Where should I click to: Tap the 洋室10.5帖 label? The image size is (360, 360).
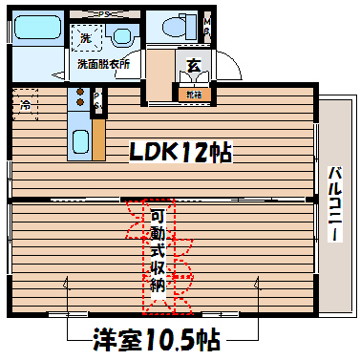click(158, 339)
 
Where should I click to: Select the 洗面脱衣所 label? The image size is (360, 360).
click(104, 65)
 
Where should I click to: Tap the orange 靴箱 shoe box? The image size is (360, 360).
click(193, 95)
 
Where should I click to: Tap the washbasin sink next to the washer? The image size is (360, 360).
click(121, 38)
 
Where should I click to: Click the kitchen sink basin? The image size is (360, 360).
click(79, 140)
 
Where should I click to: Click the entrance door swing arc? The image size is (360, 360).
click(227, 69)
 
